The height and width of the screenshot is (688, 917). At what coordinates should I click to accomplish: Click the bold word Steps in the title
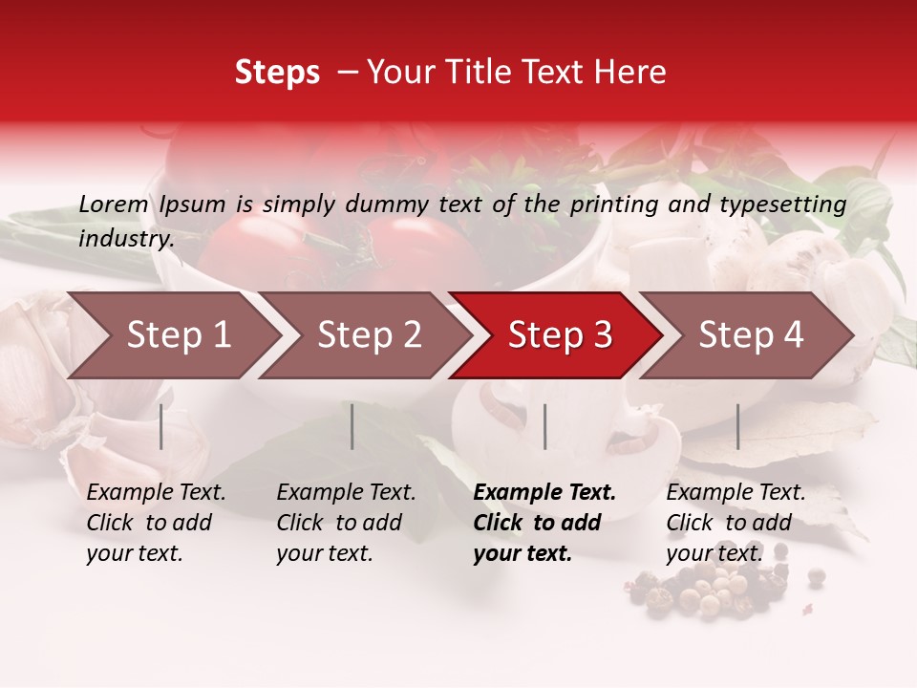pyautogui.click(x=277, y=73)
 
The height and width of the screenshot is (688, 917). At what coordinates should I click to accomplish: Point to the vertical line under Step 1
pyautogui.click(x=161, y=426)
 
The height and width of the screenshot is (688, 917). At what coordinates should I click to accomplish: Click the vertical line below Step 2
pyautogui.click(x=352, y=426)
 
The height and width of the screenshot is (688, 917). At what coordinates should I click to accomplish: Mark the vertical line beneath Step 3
pyautogui.click(x=544, y=426)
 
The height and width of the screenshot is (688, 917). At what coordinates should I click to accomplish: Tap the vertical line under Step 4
pyautogui.click(x=737, y=426)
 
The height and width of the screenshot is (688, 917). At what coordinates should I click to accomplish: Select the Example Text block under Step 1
pyautogui.click(x=156, y=523)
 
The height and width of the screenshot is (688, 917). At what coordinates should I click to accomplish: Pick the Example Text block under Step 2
pyautogui.click(x=346, y=523)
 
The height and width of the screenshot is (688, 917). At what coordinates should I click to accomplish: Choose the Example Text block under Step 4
pyautogui.click(x=736, y=523)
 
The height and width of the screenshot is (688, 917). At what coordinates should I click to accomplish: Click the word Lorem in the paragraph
pyautogui.click(x=114, y=204)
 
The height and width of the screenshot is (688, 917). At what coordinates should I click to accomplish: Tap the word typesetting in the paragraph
pyautogui.click(x=782, y=204)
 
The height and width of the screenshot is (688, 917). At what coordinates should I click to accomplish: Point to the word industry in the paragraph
pyautogui.click(x=125, y=239)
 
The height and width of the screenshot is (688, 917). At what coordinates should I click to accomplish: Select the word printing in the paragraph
pyautogui.click(x=611, y=204)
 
